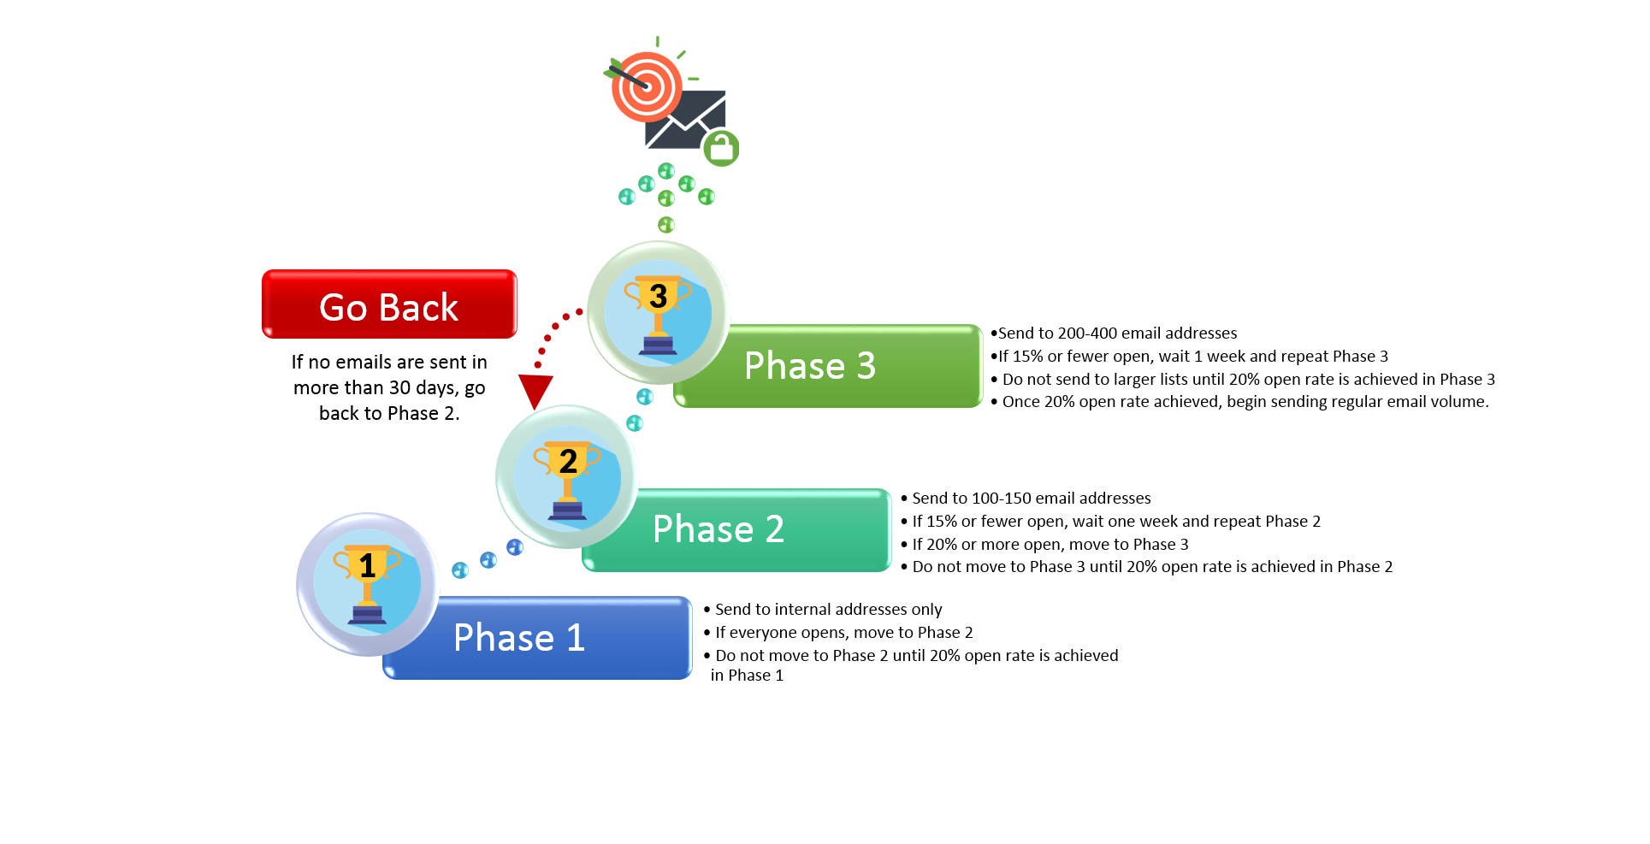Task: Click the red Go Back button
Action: [x=389, y=304]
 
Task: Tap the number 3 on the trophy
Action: [x=658, y=297]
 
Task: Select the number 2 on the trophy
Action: [x=568, y=462]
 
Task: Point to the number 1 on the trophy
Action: [x=368, y=566]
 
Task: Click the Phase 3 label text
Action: [x=809, y=366]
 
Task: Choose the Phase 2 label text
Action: [x=718, y=529]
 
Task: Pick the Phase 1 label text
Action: [x=518, y=638]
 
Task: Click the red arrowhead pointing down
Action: [x=535, y=390]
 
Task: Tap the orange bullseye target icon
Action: [x=647, y=86]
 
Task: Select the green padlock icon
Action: [x=721, y=149]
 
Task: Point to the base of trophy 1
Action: [x=369, y=615]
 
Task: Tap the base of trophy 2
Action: [x=568, y=511]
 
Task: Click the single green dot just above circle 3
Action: [x=666, y=225]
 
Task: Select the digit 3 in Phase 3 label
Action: [x=866, y=366]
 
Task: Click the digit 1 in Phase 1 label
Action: [x=576, y=638]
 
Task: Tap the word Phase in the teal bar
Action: [x=702, y=529]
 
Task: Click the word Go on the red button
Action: [x=343, y=308]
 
